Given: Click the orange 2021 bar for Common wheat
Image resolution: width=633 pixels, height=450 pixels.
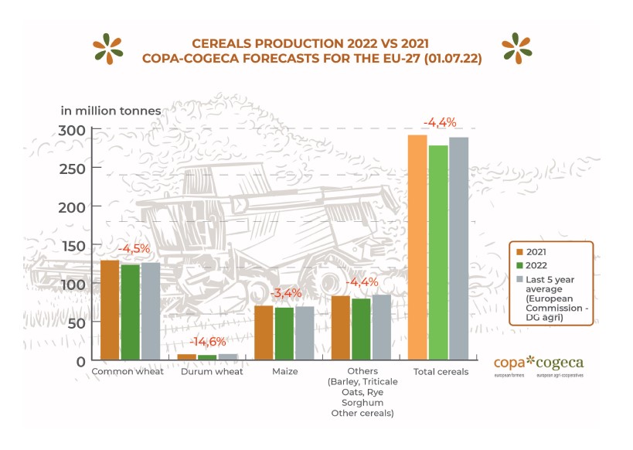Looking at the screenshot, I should click(x=110, y=309).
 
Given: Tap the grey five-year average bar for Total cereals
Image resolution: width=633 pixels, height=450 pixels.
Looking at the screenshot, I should click(x=459, y=248).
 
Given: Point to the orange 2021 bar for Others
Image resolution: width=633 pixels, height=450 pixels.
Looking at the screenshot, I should click(x=340, y=328).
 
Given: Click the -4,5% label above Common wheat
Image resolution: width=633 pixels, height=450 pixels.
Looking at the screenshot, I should click(x=132, y=248).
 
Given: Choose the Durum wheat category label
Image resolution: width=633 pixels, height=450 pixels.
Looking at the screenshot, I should click(x=212, y=372).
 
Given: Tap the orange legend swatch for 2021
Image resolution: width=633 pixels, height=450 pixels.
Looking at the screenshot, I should click(x=519, y=252).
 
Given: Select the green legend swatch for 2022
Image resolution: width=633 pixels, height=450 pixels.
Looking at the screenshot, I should click(x=519, y=265).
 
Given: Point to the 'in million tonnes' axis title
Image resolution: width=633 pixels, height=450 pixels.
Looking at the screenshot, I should click(x=111, y=110).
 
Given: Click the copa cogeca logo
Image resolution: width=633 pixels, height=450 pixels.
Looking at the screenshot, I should click(x=539, y=364).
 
